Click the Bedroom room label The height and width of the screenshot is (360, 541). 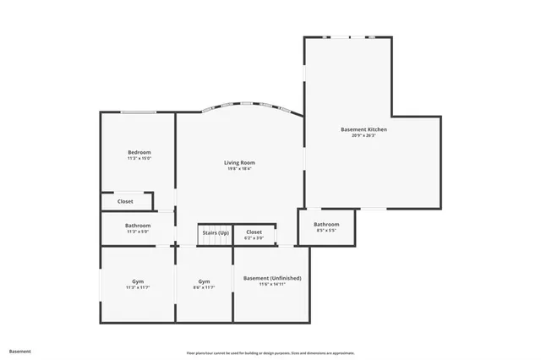click(x=139, y=152)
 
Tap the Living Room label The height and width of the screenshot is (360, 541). click(x=239, y=162)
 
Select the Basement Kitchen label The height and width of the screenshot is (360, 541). click(x=363, y=129)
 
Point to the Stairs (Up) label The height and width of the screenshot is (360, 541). click(x=215, y=232)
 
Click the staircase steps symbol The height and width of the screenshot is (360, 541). click(x=215, y=242)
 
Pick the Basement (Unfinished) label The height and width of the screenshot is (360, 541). click(x=272, y=278)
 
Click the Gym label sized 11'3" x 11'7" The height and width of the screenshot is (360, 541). click(x=138, y=281)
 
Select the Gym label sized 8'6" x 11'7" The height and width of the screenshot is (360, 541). click(x=204, y=281)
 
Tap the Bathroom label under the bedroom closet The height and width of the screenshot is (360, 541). click(x=138, y=226)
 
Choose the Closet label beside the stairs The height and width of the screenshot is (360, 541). click(x=254, y=232)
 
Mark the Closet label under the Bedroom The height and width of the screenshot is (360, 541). click(x=125, y=201)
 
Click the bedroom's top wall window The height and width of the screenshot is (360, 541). click(x=138, y=112)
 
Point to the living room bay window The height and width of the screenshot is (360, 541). click(x=250, y=106)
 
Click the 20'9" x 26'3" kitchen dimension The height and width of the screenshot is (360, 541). click(x=363, y=135)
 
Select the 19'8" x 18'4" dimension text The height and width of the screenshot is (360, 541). click(x=239, y=168)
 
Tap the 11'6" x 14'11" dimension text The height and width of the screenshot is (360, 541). click(x=272, y=284)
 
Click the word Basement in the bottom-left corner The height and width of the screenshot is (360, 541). click(x=19, y=351)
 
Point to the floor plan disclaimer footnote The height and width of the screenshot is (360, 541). click(x=270, y=352)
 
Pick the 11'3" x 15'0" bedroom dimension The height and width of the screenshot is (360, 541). click(x=139, y=158)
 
